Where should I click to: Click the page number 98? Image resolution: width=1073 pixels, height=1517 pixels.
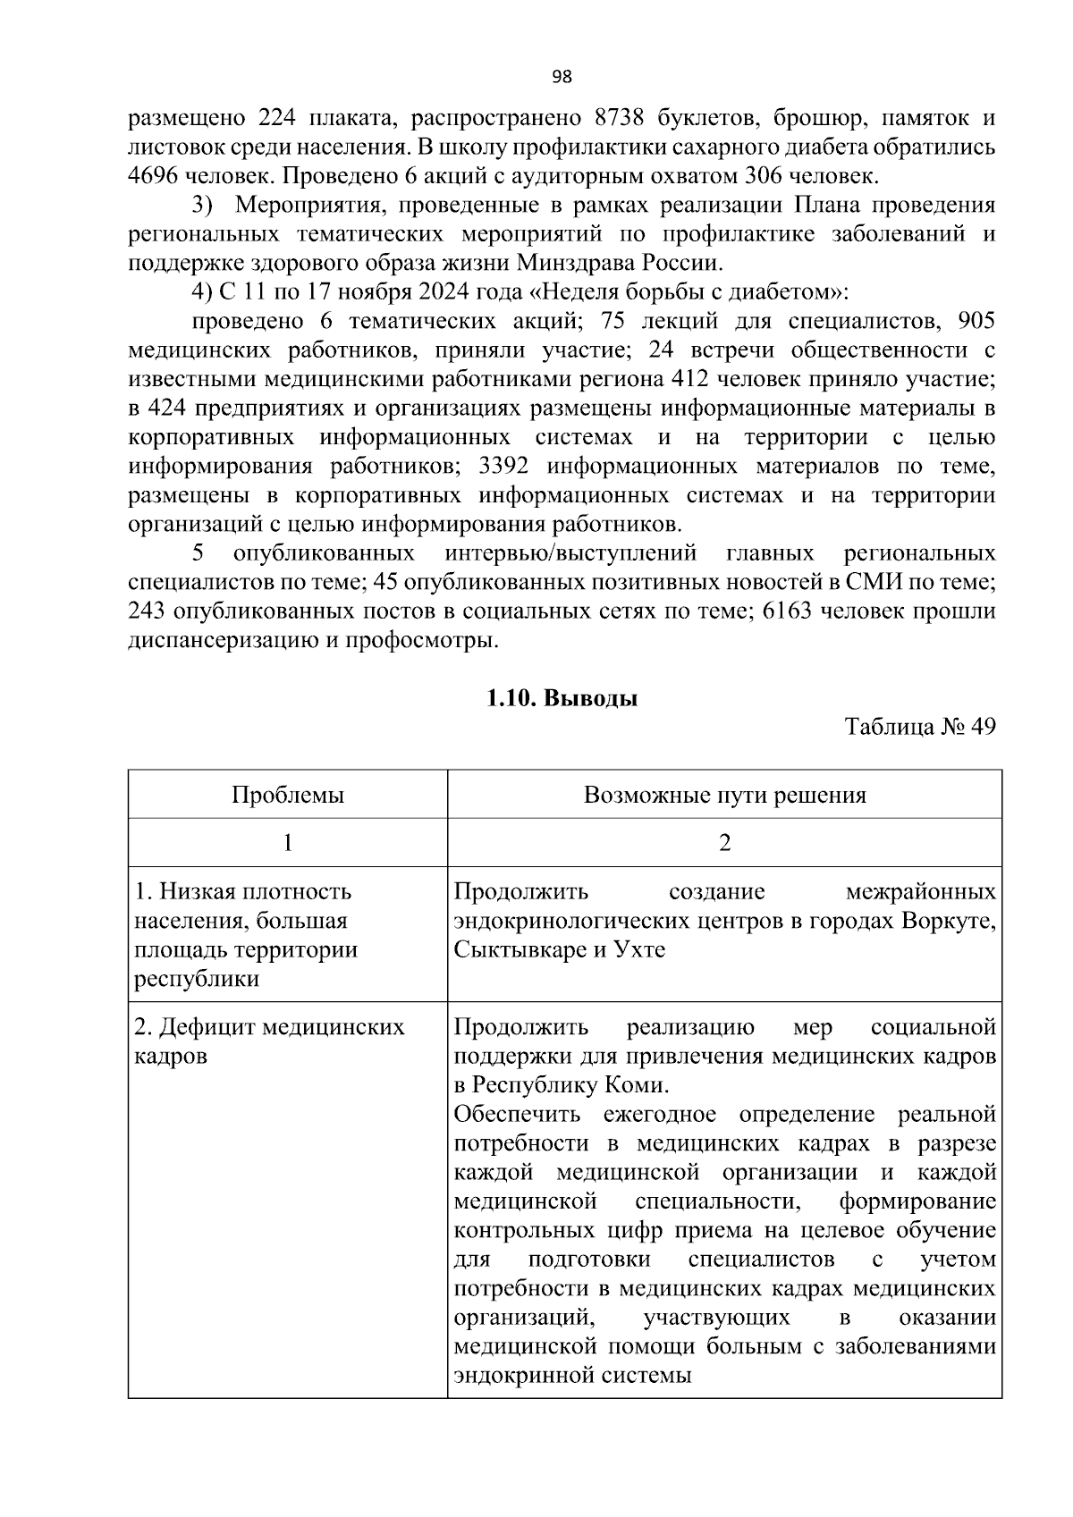click(x=562, y=77)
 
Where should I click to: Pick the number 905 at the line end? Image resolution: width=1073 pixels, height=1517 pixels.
click(x=976, y=321)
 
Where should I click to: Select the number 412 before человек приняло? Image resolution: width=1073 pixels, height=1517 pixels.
click(x=689, y=379)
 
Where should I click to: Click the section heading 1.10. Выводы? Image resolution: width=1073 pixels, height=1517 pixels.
click(x=562, y=698)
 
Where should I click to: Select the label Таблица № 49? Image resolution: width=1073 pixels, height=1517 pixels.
click(x=920, y=727)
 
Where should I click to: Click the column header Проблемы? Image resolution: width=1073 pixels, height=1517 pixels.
click(x=288, y=795)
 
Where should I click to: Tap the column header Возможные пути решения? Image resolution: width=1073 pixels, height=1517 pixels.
click(x=724, y=795)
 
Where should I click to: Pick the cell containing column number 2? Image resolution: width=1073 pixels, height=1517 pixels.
click(x=724, y=843)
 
